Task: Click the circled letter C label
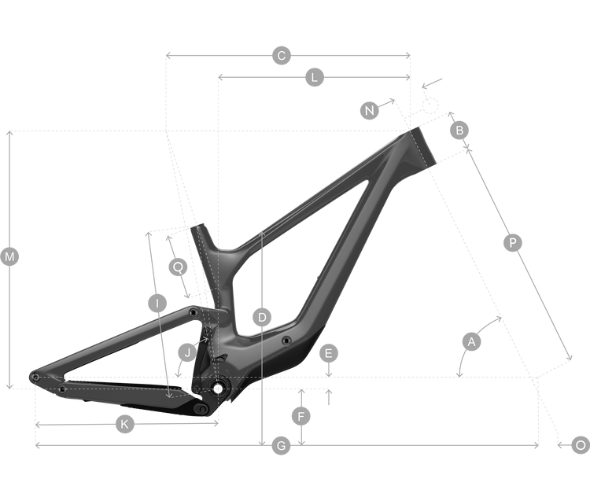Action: [282, 56]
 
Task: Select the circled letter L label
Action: [315, 78]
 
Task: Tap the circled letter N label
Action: [370, 111]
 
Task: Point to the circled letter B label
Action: [459, 130]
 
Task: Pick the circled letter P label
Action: [512, 242]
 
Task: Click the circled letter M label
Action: [9, 257]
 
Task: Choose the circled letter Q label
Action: [178, 267]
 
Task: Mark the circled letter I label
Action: [157, 303]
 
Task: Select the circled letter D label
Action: [262, 318]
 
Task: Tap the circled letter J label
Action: [187, 353]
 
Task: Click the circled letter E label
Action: [329, 353]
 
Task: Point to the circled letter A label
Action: [471, 341]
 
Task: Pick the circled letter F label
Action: [301, 416]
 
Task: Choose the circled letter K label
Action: [124, 424]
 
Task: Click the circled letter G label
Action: [281, 446]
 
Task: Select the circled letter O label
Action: [581, 445]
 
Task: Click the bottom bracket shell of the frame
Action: [218, 389]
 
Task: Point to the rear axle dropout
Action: [35, 377]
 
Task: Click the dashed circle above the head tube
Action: [430, 105]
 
